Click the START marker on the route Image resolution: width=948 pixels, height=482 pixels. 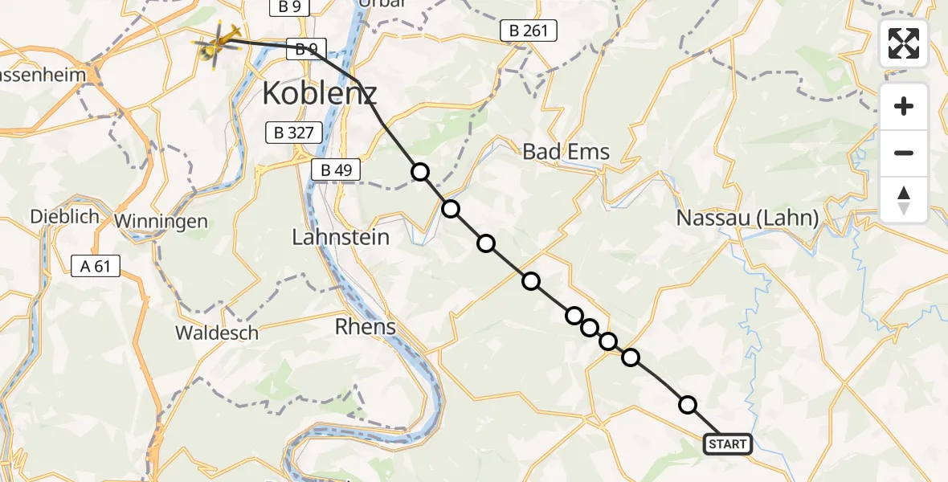click(x=728, y=443)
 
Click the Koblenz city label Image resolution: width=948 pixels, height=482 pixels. click(x=319, y=95)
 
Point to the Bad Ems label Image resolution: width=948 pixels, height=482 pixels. click(x=566, y=151)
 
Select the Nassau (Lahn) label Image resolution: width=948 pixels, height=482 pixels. click(x=747, y=217)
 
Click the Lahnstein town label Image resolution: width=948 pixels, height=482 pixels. click(x=341, y=237)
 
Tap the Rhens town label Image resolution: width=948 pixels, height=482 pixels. click(x=366, y=326)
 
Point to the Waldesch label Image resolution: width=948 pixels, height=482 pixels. click(x=217, y=333)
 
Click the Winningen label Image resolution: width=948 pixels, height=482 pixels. click(x=161, y=221)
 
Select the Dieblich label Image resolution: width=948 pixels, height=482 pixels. click(x=64, y=216)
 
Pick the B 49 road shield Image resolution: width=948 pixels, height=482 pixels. click(x=336, y=170)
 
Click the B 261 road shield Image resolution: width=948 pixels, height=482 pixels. click(x=528, y=31)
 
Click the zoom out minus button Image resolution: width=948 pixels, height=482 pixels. click(x=904, y=153)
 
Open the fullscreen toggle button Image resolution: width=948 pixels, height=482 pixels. click(x=904, y=43)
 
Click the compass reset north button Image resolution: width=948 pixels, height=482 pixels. click(x=904, y=199)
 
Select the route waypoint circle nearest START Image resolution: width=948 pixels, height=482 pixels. click(x=688, y=405)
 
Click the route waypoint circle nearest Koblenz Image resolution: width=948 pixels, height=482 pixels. click(x=420, y=171)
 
